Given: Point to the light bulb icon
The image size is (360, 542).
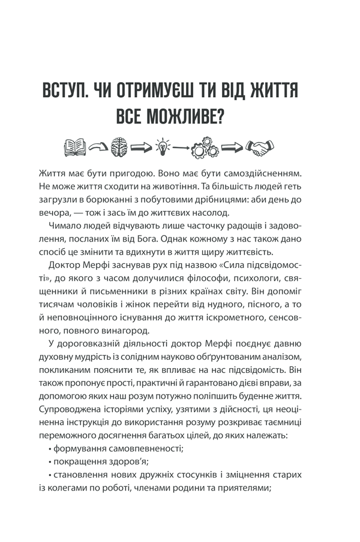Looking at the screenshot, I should [x=163, y=146].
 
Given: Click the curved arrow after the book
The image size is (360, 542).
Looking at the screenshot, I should [x=97, y=146].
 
